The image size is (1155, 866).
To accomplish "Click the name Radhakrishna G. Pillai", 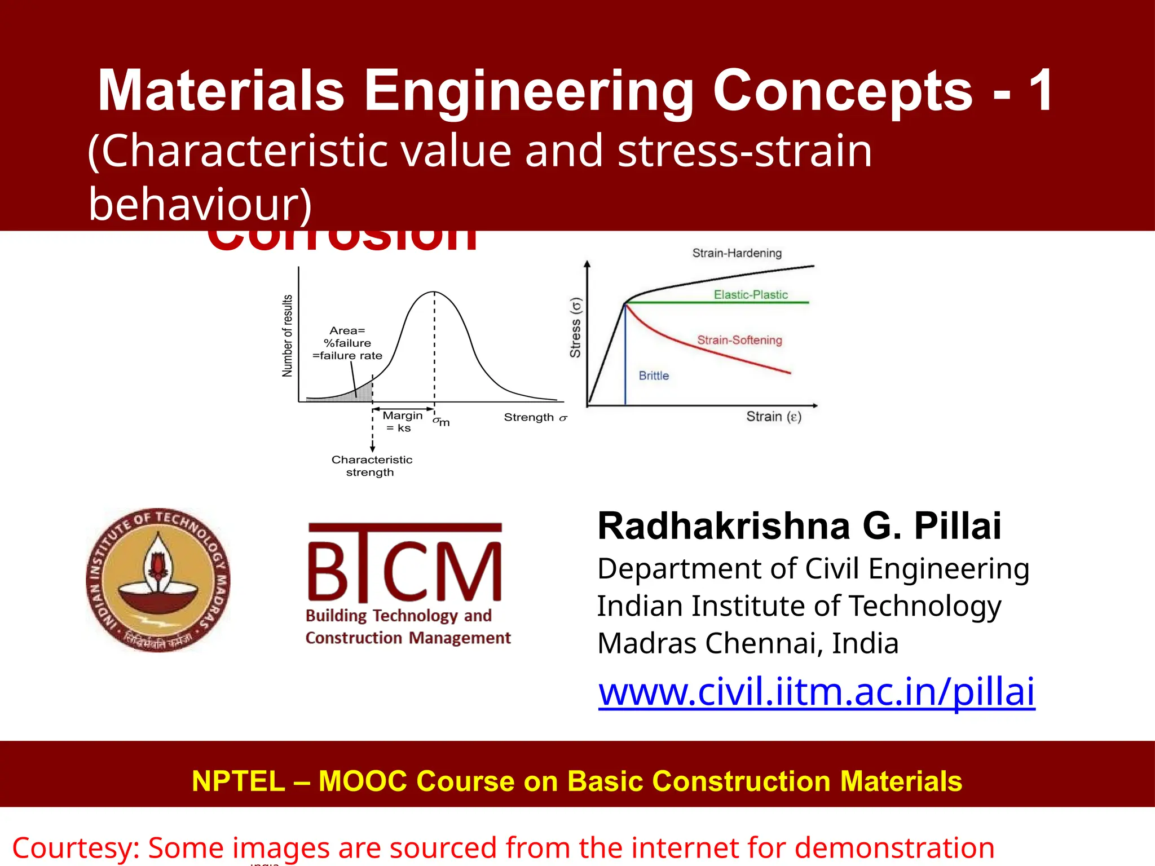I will (799, 527).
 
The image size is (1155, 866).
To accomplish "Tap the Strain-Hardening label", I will (737, 253).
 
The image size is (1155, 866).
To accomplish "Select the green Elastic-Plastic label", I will (750, 295).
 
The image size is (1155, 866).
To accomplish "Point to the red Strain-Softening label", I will (739, 340).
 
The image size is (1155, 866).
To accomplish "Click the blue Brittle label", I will (654, 376).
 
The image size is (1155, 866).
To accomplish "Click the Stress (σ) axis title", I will (575, 328).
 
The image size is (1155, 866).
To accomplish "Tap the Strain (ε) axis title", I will (773, 417).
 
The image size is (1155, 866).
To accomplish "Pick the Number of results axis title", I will (288, 336).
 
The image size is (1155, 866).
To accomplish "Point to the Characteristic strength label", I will (371, 466).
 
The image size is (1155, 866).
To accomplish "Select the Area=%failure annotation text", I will (347, 343).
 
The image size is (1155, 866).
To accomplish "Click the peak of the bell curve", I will (434, 292).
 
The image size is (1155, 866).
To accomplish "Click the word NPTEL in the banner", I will (238, 781).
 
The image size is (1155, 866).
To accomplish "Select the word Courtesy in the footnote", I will (75, 848).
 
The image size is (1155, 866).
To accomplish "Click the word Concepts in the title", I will (843, 91).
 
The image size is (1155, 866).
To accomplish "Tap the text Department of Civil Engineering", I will (813, 568).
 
